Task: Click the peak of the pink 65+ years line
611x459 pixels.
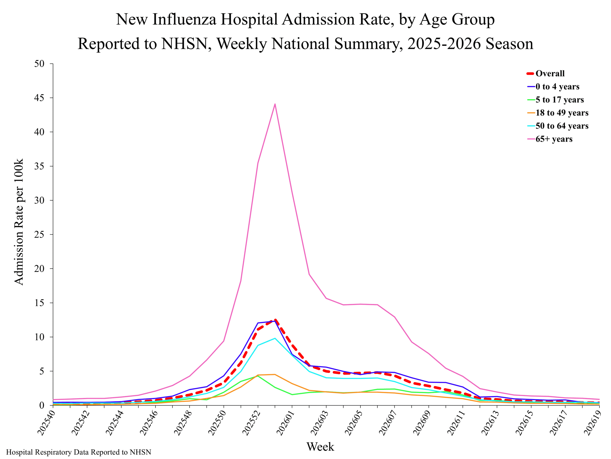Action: coord(275,104)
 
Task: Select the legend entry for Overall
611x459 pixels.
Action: coord(546,73)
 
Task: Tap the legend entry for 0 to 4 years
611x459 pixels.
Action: coord(553,87)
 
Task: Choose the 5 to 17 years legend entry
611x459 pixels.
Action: coord(555,100)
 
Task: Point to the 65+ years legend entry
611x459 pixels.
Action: coord(550,139)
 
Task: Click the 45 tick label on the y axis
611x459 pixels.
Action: coord(39,98)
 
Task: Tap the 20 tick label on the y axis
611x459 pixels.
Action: coord(39,268)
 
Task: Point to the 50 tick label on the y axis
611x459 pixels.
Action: coord(39,64)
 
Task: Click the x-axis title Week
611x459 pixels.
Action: coord(320,447)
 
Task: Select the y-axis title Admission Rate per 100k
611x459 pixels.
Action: coord(19,222)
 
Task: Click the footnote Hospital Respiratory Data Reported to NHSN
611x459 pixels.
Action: coord(79,452)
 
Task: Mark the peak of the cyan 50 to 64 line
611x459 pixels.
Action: coord(275,338)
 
